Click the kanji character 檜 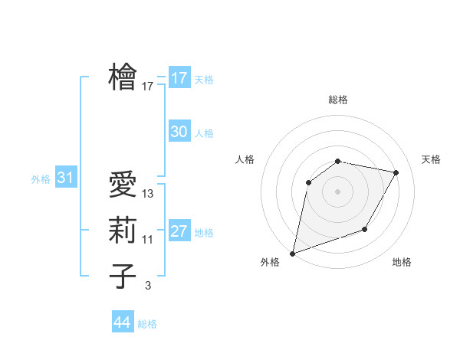coord(123,77)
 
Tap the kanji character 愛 coord(123,185)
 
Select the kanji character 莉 coord(123,231)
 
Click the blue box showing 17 coord(179,78)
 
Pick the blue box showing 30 coord(179,132)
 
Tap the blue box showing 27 coord(179,231)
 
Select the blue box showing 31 coord(65,178)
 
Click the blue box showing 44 coord(123,322)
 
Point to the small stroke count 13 coord(148,195)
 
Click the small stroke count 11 coord(148,240)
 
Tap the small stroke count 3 coord(148,286)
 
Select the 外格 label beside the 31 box coord(41,179)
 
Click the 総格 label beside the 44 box coord(148,324)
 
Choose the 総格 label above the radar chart coord(338,100)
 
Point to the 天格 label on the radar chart coord(432,159)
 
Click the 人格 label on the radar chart coord(245,159)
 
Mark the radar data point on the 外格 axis coord(292,253)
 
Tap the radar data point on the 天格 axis coord(396,172)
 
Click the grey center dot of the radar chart coord(338,191)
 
